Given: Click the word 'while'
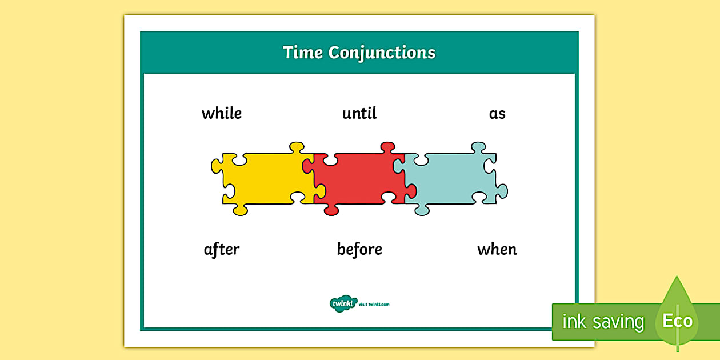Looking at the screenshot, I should (x=222, y=113).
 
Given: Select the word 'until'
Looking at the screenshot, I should (x=359, y=113).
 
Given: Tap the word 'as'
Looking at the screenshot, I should (x=497, y=114).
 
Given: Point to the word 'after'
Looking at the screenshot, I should (x=222, y=249).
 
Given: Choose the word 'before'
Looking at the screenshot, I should (x=359, y=249).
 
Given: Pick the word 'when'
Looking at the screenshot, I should (x=497, y=249).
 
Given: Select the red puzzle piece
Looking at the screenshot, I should (x=357, y=178).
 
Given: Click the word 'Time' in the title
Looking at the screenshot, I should (x=303, y=53).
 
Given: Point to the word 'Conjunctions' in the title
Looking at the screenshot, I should (x=382, y=53).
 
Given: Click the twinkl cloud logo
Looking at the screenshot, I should (x=343, y=303).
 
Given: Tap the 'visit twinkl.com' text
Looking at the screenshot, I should (x=374, y=304).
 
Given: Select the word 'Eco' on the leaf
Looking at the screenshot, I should (x=677, y=321).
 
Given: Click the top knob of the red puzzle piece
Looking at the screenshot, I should (x=388, y=147).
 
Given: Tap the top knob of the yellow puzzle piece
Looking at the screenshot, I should (x=296, y=147).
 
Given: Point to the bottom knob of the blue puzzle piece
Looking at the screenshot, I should (x=422, y=210).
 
